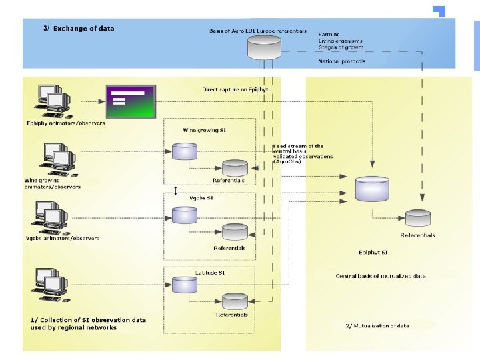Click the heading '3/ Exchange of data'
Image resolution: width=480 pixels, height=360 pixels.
point(83,29)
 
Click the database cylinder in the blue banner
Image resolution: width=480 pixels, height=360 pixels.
point(264,47)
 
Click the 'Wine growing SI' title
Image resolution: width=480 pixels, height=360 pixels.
point(205,130)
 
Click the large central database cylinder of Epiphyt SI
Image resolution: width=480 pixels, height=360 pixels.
point(371,189)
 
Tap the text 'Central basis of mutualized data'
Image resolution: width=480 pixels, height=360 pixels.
point(381,276)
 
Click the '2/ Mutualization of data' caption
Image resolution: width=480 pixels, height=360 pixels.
point(377,325)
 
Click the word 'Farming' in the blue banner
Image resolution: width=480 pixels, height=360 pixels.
point(329,33)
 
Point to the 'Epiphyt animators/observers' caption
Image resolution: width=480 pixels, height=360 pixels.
point(65,123)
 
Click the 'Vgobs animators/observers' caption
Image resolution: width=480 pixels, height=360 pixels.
point(63,238)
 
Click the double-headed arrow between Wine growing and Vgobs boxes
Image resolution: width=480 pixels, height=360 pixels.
point(175,191)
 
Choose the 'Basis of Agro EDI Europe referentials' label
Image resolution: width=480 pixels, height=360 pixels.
point(258,31)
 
